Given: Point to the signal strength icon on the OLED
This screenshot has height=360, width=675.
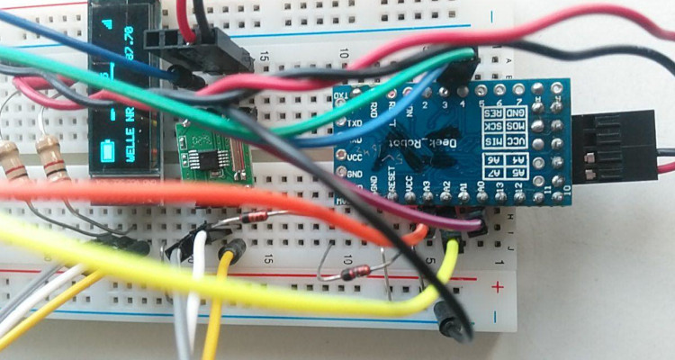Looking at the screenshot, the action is coord(110,23).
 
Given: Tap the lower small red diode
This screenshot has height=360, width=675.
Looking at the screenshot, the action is coord(351,273).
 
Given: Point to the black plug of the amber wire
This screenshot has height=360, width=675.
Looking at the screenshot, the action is coord(236,250).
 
